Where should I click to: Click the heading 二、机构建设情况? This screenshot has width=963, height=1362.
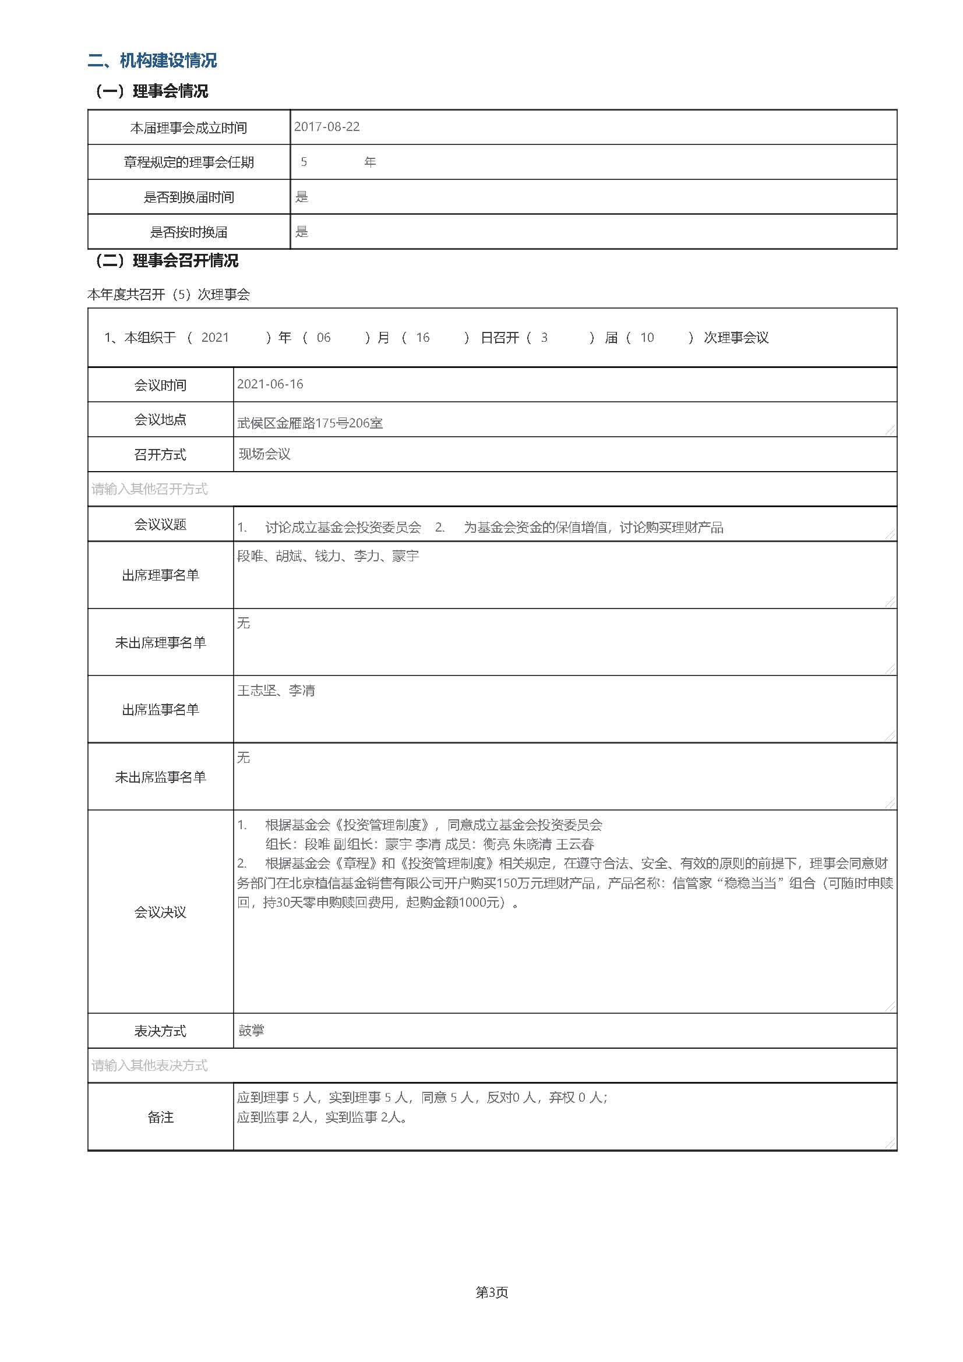pyautogui.click(x=152, y=61)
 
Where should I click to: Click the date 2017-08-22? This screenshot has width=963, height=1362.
pyautogui.click(x=327, y=127)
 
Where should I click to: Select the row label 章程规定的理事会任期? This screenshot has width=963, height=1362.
pyautogui.click(x=189, y=162)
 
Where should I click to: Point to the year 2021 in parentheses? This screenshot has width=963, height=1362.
pyautogui.click(x=215, y=338)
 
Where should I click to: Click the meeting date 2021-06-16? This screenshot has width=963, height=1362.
pyautogui.click(x=270, y=384)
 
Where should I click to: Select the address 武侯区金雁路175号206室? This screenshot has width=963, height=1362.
pyautogui.click(x=310, y=423)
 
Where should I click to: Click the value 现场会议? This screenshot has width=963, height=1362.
pyautogui.click(x=264, y=454)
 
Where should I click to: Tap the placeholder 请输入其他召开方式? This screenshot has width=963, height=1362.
pyautogui.click(x=150, y=489)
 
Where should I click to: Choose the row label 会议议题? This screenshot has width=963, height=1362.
pyautogui.click(x=160, y=525)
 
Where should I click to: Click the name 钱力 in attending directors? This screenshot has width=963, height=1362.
pyautogui.click(x=327, y=557)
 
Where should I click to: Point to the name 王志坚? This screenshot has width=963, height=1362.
pyautogui.click(x=257, y=691)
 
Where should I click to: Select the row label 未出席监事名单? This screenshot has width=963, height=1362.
pyautogui.click(x=160, y=777)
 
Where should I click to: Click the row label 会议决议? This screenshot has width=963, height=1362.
pyautogui.click(x=160, y=912)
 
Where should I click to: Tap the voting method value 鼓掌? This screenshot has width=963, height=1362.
pyautogui.click(x=252, y=1031)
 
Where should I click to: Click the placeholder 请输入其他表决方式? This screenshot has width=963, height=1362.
pyautogui.click(x=150, y=1066)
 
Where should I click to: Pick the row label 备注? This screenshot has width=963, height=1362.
pyautogui.click(x=160, y=1117)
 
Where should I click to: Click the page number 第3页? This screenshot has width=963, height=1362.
pyautogui.click(x=492, y=1293)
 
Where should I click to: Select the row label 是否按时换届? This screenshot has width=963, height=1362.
pyautogui.click(x=189, y=232)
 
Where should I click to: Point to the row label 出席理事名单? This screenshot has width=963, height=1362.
pyautogui.click(x=160, y=575)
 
